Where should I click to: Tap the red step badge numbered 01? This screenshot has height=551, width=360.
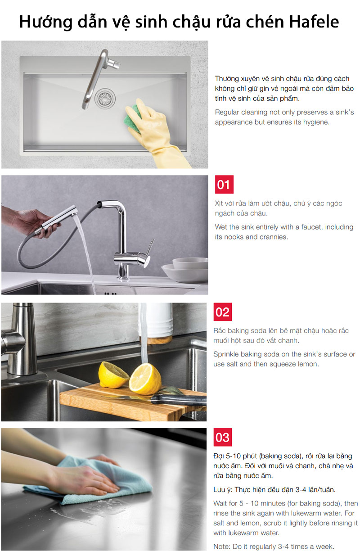[x=224, y=185]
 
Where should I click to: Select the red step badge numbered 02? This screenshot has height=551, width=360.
[x=223, y=312]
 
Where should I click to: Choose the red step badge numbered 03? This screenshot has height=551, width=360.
[x=223, y=437]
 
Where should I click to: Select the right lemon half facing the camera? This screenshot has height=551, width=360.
[x=145, y=378]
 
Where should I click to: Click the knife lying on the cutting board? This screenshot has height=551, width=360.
[x=175, y=397]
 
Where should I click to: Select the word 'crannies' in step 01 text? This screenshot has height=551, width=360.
[x=274, y=237]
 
